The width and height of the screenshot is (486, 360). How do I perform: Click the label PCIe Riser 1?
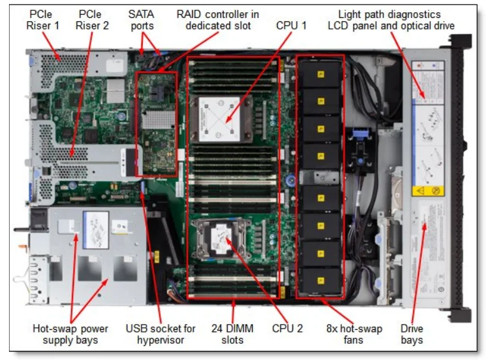click(x=42, y=19)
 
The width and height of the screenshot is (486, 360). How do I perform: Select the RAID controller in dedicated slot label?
click(x=218, y=19)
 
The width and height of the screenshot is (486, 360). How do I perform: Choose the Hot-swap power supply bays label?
click(x=71, y=334)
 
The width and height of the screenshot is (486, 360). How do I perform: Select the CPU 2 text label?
click(x=287, y=328)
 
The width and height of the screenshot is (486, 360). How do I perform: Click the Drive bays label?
click(x=412, y=334)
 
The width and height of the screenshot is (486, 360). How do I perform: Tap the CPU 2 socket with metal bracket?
click(x=221, y=238)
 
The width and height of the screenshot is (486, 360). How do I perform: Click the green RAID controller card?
click(x=157, y=122)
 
